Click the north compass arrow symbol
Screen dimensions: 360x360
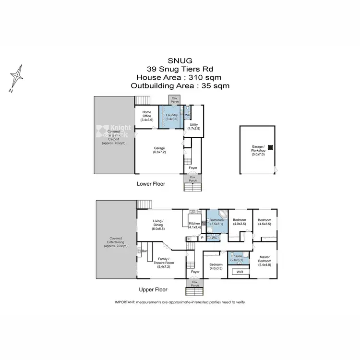tap(18, 77)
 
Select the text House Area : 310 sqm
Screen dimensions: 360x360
tap(180, 77)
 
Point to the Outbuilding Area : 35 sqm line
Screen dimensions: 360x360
tap(180, 86)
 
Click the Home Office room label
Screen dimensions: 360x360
tap(147, 117)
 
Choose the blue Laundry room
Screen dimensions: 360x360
tap(171, 117)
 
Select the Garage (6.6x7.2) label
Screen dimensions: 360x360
tap(159, 150)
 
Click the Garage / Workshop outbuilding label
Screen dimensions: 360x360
tap(258, 150)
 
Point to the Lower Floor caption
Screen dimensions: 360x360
tap(151, 183)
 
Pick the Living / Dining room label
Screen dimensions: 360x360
tap(158, 225)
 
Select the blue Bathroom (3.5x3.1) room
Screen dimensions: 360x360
tap(216, 222)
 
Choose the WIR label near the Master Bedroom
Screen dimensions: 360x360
tap(240, 272)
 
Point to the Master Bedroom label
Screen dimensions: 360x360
tap(264, 262)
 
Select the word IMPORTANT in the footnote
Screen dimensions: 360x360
tap(124, 301)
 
